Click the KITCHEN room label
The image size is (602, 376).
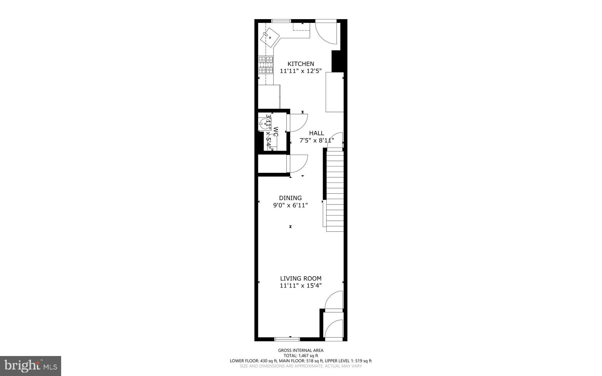[301, 64]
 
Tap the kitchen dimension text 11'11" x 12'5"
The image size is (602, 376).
[301, 71]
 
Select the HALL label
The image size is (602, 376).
[316, 133]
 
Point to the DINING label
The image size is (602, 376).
[290, 198]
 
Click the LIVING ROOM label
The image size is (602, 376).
[301, 278]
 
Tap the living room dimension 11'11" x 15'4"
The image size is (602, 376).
[301, 285]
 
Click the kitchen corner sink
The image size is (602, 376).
[270, 37]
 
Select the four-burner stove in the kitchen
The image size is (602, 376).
[266, 65]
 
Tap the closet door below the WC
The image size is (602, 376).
[298, 163]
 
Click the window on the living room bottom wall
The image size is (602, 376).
[287, 339]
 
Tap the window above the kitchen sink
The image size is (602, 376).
[281, 21]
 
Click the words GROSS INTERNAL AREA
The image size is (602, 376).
[301, 350]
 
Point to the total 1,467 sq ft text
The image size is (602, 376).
[301, 356]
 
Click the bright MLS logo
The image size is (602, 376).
[31, 366]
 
